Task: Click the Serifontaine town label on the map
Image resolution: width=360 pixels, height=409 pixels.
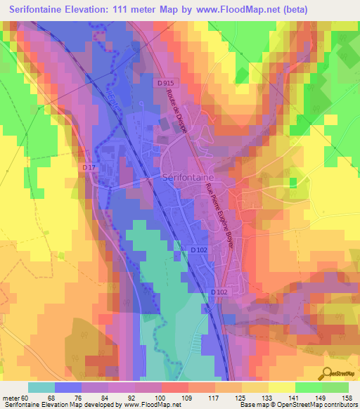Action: point(188,178)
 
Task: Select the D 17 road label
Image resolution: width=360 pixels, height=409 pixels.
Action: point(88,167)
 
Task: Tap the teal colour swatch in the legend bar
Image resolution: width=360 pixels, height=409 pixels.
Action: point(41,387)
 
